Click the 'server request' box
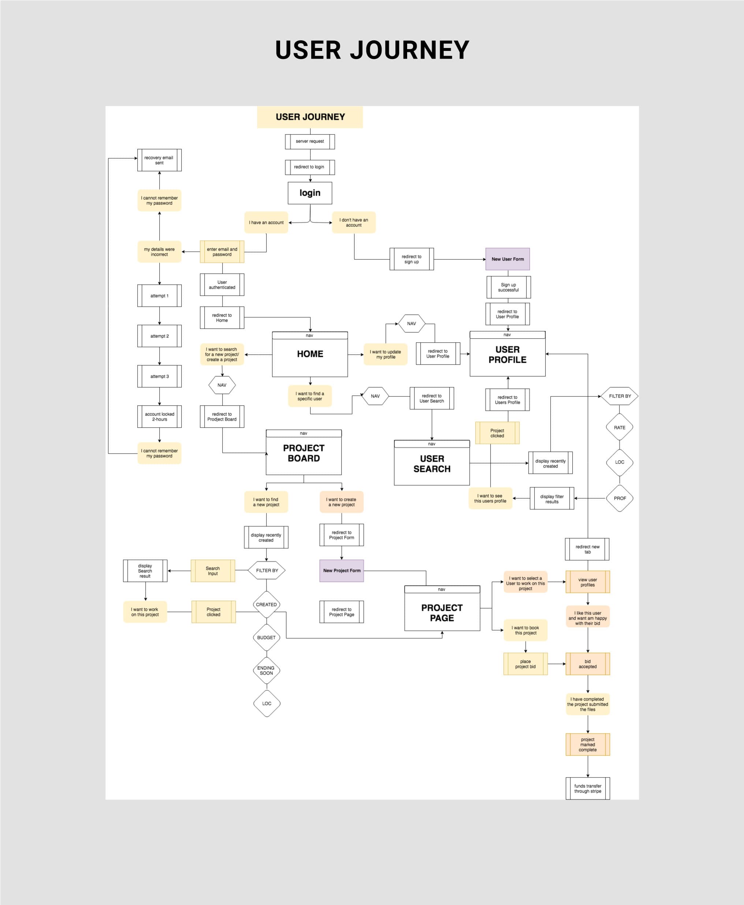click(x=310, y=141)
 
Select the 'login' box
click(x=310, y=193)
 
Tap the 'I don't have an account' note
click(x=354, y=222)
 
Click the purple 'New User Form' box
click(x=507, y=259)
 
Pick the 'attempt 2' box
click(x=159, y=336)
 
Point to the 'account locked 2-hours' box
click(x=159, y=417)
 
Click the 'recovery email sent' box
click(x=159, y=160)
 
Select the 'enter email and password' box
click(x=222, y=252)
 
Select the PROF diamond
click(x=620, y=498)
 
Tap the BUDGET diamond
click(x=266, y=638)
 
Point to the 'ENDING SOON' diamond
click(x=266, y=670)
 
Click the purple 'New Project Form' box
click(x=342, y=570)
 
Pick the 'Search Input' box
click(x=213, y=570)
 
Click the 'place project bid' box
click(x=525, y=664)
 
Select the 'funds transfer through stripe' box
click(x=588, y=788)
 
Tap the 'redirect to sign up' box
click(x=412, y=259)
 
